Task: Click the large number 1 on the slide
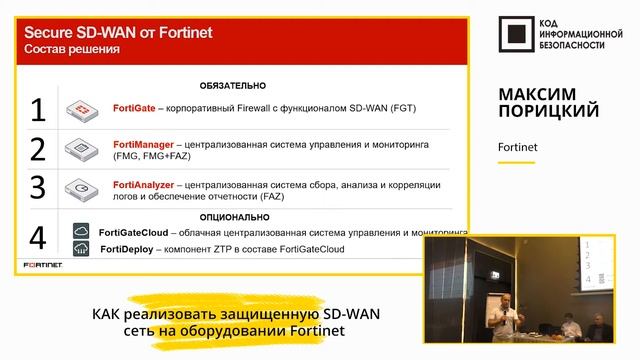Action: (38, 109)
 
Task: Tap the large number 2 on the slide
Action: (38, 149)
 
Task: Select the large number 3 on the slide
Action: (38, 188)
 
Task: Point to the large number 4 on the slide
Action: (38, 238)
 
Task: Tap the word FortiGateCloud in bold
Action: (140, 232)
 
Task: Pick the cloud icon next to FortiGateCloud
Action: (81, 232)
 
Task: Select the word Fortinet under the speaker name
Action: (517, 147)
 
